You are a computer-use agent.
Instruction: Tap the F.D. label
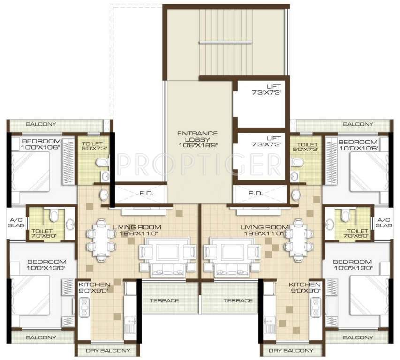tap(147, 193)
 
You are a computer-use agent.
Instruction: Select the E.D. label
tap(256, 193)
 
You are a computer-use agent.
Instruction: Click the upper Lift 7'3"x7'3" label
tap(266, 90)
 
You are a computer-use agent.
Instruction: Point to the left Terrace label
tap(164, 301)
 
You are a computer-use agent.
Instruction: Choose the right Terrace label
tap(238, 301)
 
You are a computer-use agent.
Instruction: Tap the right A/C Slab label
tap(384, 223)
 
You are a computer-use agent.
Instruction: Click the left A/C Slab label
tap(16, 223)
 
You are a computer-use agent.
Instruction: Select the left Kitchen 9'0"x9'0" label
tap(94, 287)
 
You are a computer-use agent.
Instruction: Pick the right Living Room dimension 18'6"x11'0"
tap(264, 233)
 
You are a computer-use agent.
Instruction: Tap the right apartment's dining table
tap(298, 240)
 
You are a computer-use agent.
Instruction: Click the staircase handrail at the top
tap(226, 42)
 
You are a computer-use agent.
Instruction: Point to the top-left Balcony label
tap(41, 124)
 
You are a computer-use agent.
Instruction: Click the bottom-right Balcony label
tap(358, 337)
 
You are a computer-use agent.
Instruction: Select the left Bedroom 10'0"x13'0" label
tap(47, 265)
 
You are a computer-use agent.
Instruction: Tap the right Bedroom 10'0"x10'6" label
tap(358, 145)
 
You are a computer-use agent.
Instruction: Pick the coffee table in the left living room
tap(168, 252)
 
